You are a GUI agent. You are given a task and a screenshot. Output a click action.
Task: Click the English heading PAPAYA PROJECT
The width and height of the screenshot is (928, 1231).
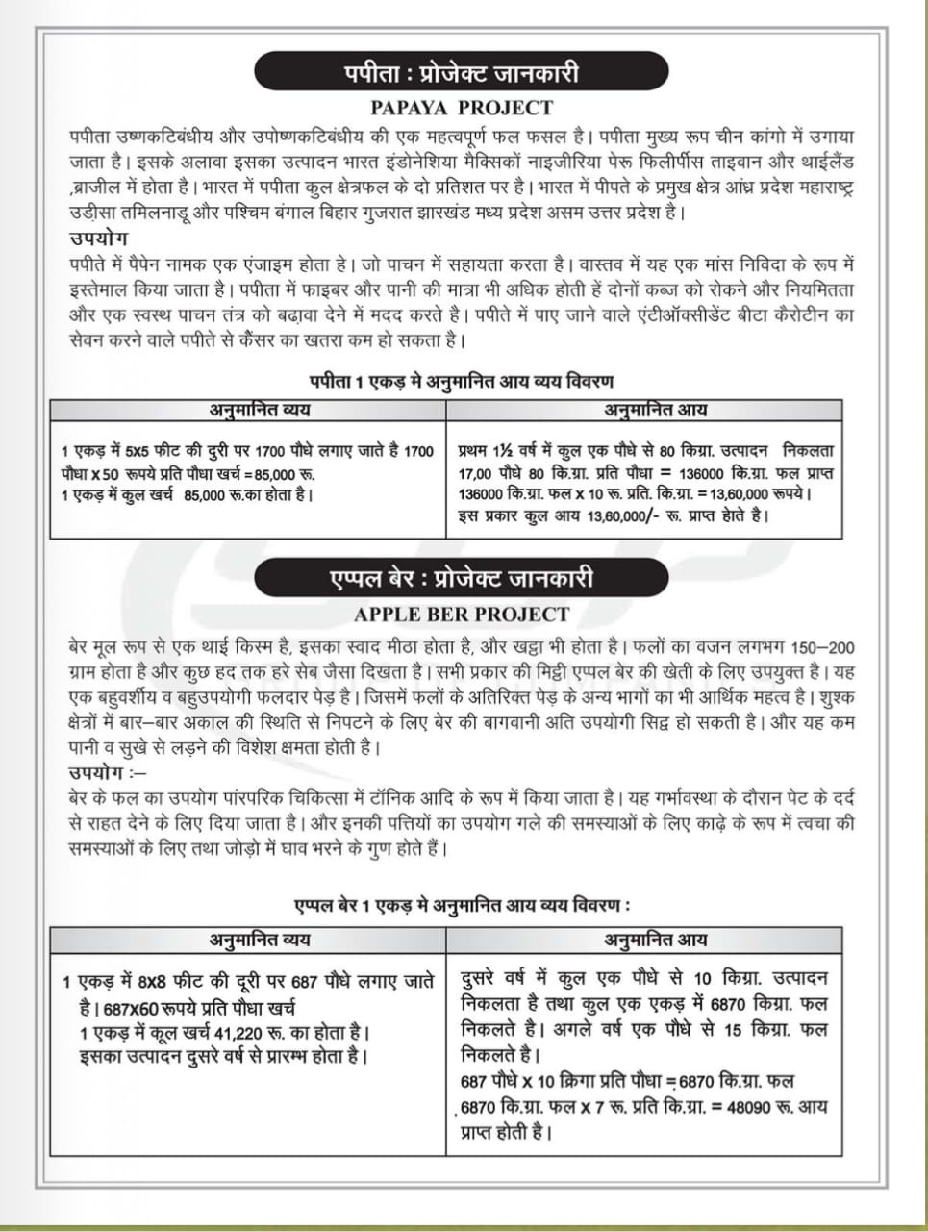(x=462, y=107)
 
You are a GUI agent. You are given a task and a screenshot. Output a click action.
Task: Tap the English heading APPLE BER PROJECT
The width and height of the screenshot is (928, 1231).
(x=462, y=614)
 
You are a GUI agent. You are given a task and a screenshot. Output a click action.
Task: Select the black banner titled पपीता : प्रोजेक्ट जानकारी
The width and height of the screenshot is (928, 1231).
(x=462, y=73)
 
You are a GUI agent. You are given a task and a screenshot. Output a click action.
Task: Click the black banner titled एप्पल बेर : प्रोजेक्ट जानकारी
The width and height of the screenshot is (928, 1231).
(x=462, y=579)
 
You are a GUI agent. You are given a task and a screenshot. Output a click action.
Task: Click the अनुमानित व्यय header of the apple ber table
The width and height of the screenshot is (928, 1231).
(x=260, y=940)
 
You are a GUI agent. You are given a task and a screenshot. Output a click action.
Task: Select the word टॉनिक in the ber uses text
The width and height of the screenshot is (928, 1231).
(x=416, y=797)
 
